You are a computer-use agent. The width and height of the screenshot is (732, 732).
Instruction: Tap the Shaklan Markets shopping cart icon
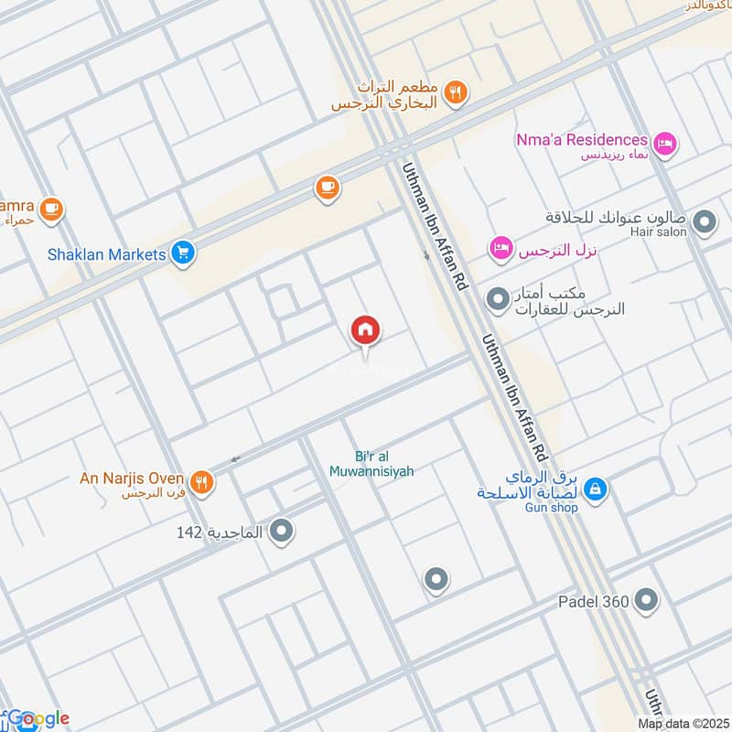point(182,253)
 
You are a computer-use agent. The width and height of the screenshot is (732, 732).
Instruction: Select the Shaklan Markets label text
point(106,253)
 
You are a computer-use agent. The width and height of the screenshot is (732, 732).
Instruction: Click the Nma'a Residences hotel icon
point(665,141)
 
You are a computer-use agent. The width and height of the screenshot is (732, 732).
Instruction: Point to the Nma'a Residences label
point(580,140)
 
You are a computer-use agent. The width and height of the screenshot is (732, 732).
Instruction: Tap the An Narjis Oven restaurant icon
point(201,479)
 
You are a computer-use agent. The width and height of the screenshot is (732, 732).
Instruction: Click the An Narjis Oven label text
point(132,478)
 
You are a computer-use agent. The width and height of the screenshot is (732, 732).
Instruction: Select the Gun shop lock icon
point(596,490)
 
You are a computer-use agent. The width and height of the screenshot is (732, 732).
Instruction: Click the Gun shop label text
point(553,508)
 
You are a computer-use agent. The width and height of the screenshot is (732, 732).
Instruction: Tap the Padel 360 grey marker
point(647,601)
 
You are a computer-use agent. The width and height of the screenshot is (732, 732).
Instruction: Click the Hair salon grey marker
point(705,221)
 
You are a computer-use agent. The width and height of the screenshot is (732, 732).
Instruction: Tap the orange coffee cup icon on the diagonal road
point(327,188)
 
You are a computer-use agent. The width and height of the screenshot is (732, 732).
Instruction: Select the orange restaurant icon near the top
point(456,91)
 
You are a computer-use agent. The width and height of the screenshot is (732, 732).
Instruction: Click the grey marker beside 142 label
point(282,530)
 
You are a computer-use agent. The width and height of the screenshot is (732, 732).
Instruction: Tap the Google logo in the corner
point(37,719)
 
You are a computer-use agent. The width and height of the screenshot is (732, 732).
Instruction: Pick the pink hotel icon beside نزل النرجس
point(500,247)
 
